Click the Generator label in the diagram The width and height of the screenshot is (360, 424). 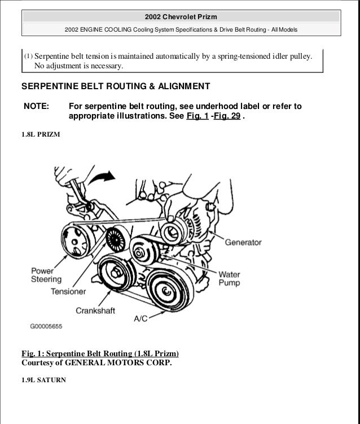tap(243, 243)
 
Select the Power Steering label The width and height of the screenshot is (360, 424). tap(42, 274)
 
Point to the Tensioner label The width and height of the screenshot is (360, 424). tap(68, 292)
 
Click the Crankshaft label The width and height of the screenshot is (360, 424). tap(98, 310)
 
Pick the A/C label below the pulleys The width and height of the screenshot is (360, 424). tap(141, 318)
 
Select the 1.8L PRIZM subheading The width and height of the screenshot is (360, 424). tap(41, 135)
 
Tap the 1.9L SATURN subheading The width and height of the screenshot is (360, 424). tap(43, 380)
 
